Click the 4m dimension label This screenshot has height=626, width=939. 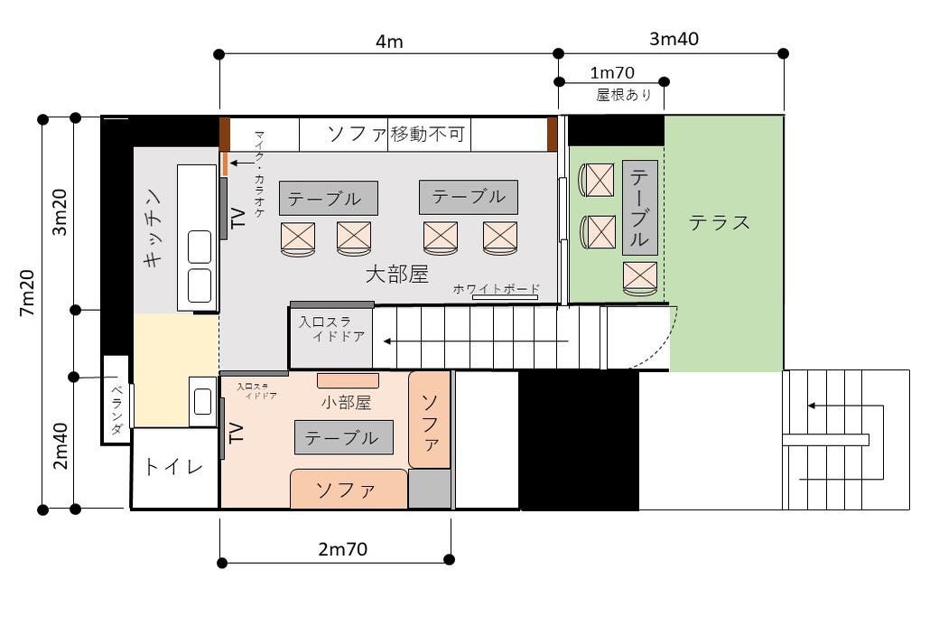(x=389, y=42)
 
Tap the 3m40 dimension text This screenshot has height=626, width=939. (x=674, y=39)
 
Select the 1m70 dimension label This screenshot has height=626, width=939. (x=611, y=72)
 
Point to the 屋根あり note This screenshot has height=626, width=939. (x=623, y=95)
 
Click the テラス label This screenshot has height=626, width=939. (x=720, y=222)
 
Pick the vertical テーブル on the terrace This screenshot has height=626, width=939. (x=639, y=208)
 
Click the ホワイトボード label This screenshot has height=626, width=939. (x=496, y=288)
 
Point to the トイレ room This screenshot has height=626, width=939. (x=174, y=468)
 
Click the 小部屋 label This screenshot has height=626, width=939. (x=347, y=402)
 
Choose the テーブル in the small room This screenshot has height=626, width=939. (x=343, y=438)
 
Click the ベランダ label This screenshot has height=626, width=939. (x=116, y=409)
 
